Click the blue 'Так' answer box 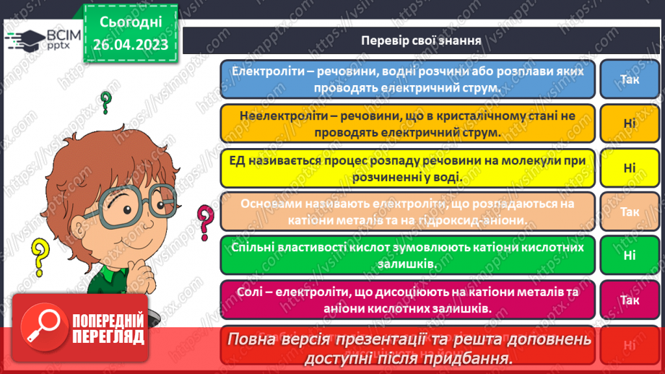pyautogui.click(x=629, y=79)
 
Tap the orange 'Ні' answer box pyautogui.click(x=629, y=123)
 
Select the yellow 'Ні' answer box pyautogui.click(x=629, y=168)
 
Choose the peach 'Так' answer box pyautogui.click(x=629, y=212)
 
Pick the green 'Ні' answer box pyautogui.click(x=629, y=255)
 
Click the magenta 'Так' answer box pyautogui.click(x=629, y=300)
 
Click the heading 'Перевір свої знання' pyautogui.click(x=421, y=40)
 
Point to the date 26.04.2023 pyautogui.click(x=130, y=45)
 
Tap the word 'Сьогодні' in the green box pyautogui.click(x=130, y=22)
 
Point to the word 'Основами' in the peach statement pyautogui.click(x=265, y=204)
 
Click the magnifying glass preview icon pyautogui.click(x=42, y=329)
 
